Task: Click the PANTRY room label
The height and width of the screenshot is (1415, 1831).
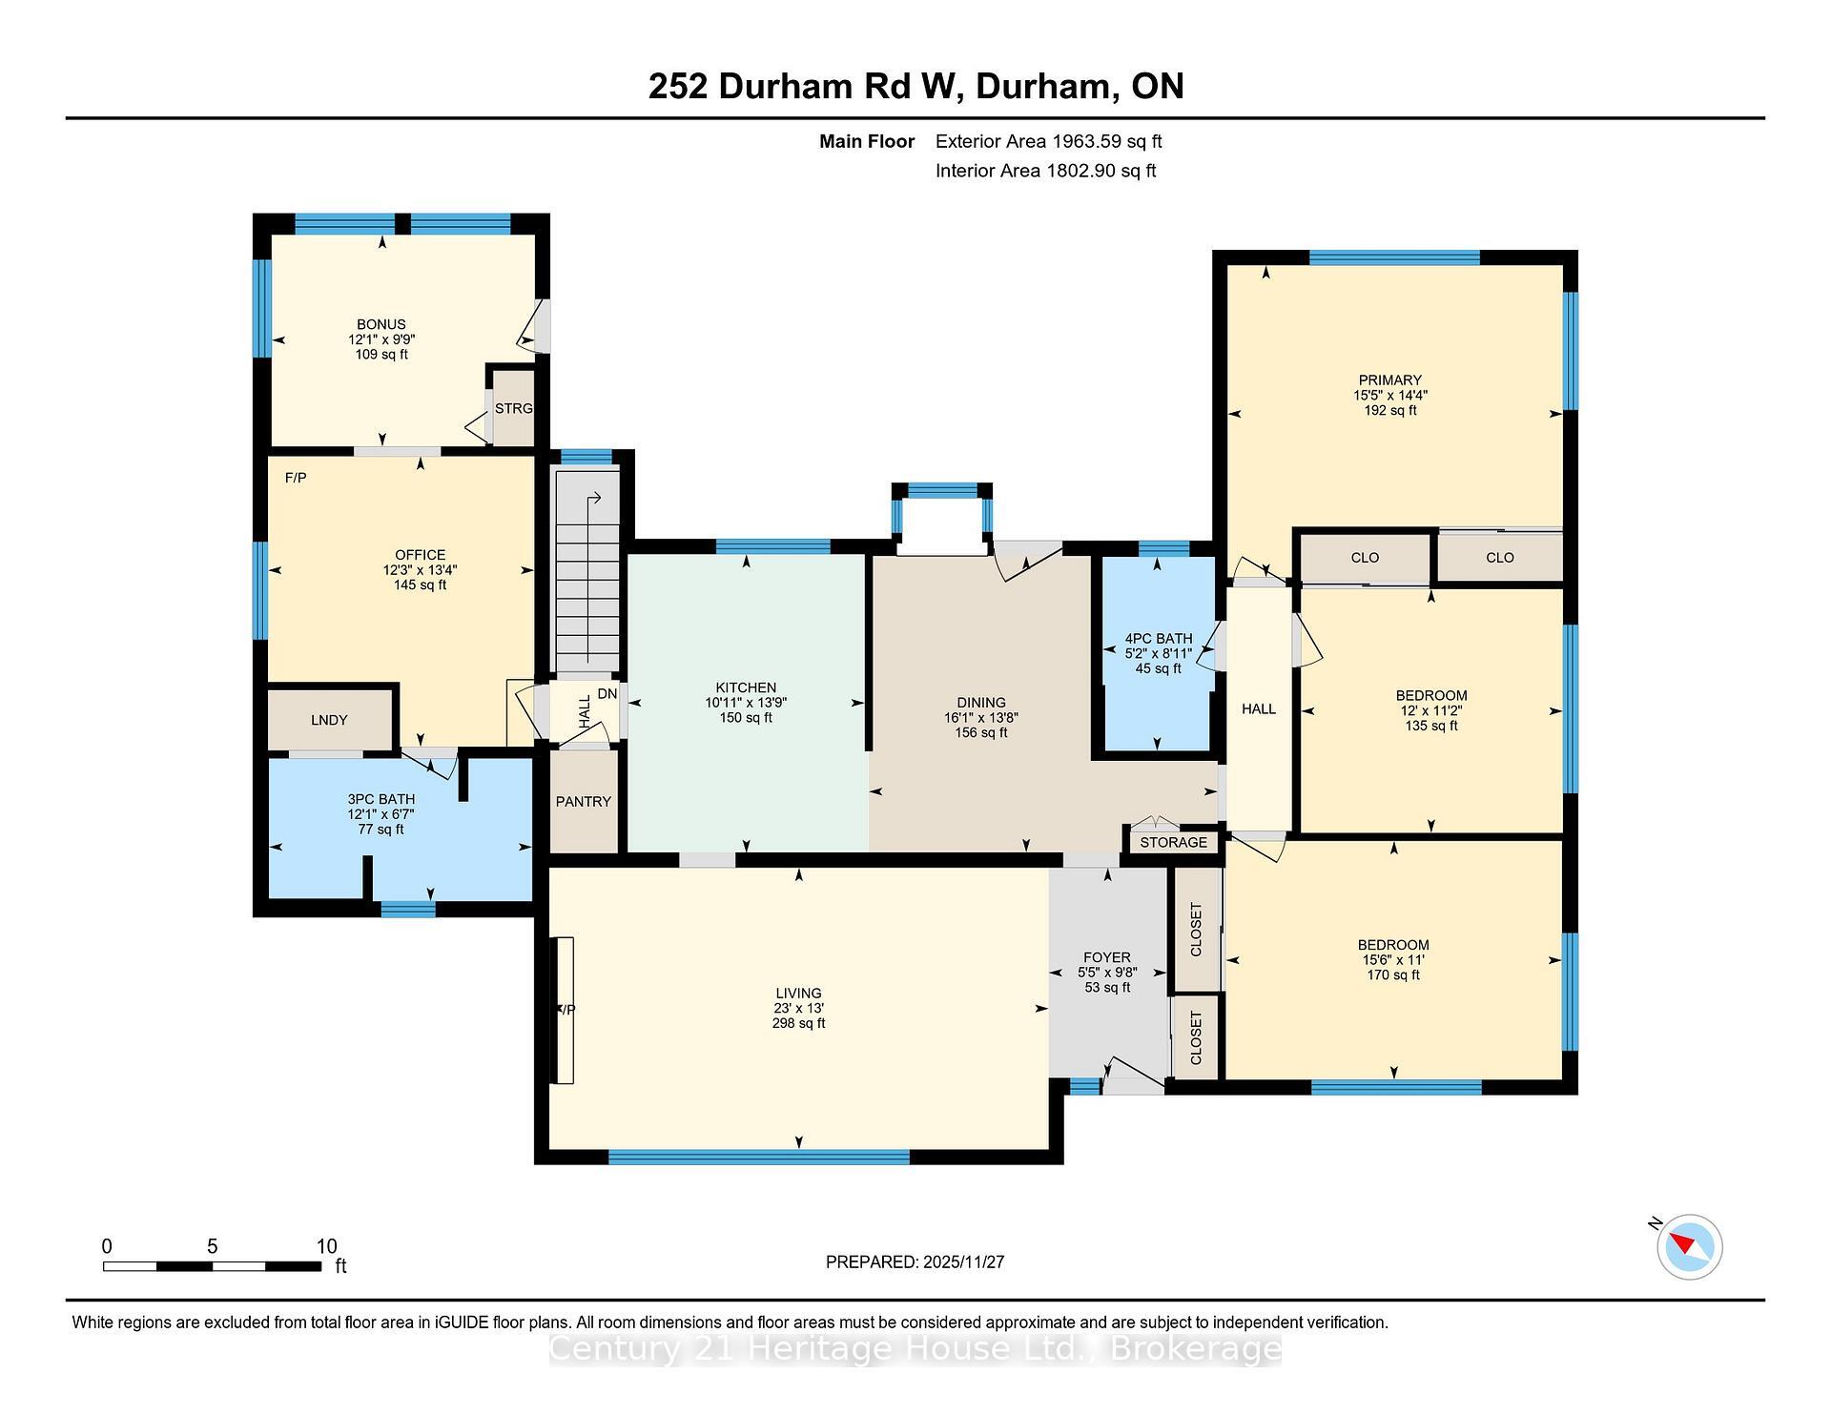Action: click(583, 802)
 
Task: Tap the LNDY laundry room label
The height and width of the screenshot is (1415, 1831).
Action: click(329, 721)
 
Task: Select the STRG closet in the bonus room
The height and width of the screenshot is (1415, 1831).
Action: click(513, 409)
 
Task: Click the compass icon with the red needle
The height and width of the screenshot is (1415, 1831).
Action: click(1689, 1246)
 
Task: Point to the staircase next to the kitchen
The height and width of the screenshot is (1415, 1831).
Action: click(588, 572)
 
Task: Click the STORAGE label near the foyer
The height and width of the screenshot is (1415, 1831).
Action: click(1173, 843)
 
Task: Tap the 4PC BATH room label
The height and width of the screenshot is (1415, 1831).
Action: click(1158, 639)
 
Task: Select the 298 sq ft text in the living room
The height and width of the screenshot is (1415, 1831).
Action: click(798, 1024)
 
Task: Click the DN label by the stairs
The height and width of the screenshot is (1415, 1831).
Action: click(607, 694)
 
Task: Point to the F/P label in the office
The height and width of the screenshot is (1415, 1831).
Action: click(296, 478)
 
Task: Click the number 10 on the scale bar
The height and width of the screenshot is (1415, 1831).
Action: click(326, 1246)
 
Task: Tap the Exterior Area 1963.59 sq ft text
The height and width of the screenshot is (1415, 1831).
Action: click(1048, 142)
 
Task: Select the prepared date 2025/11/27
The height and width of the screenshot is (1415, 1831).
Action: click(963, 1262)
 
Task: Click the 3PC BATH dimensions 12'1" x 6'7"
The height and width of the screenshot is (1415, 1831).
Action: click(381, 815)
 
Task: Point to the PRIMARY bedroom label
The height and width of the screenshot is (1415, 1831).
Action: click(1389, 380)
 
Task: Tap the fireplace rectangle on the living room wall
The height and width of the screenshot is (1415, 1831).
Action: click(565, 1010)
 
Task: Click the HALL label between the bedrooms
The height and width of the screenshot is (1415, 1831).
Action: click(1258, 709)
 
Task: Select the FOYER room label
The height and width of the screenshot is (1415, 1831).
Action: click(1106, 957)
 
